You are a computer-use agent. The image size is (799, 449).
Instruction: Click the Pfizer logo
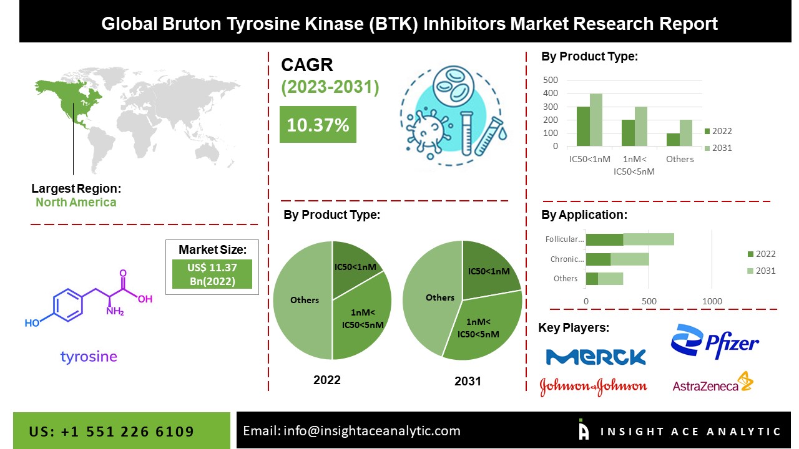click(715, 341)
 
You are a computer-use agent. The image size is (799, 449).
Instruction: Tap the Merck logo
click(596, 357)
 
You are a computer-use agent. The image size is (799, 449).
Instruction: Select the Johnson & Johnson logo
click(593, 387)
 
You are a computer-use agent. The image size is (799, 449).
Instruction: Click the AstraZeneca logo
click(713, 382)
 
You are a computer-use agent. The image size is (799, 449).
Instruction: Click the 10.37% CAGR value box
click(318, 124)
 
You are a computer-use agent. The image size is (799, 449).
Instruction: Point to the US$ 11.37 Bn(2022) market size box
click(212, 274)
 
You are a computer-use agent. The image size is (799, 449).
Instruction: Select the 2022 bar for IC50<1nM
click(583, 126)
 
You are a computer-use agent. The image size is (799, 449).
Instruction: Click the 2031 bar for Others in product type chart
click(686, 133)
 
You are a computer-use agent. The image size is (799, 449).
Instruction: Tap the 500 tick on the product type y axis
click(551, 80)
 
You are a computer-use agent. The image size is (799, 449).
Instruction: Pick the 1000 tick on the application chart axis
click(712, 301)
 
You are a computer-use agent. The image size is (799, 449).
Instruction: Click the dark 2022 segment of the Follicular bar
click(605, 239)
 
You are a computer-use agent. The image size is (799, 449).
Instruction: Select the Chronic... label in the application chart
click(567, 259)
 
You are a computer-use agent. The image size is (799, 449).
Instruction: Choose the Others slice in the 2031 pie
click(433, 297)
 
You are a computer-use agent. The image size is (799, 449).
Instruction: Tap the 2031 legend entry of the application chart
click(762, 271)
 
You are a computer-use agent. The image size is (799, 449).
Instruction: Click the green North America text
click(76, 202)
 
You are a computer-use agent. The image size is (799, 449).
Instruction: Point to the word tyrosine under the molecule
click(89, 356)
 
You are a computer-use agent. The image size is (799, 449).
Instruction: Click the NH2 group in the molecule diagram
click(115, 311)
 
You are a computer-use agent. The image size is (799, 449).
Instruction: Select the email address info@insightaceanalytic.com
click(371, 431)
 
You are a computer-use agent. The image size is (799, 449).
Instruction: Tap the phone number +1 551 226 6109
click(127, 432)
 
